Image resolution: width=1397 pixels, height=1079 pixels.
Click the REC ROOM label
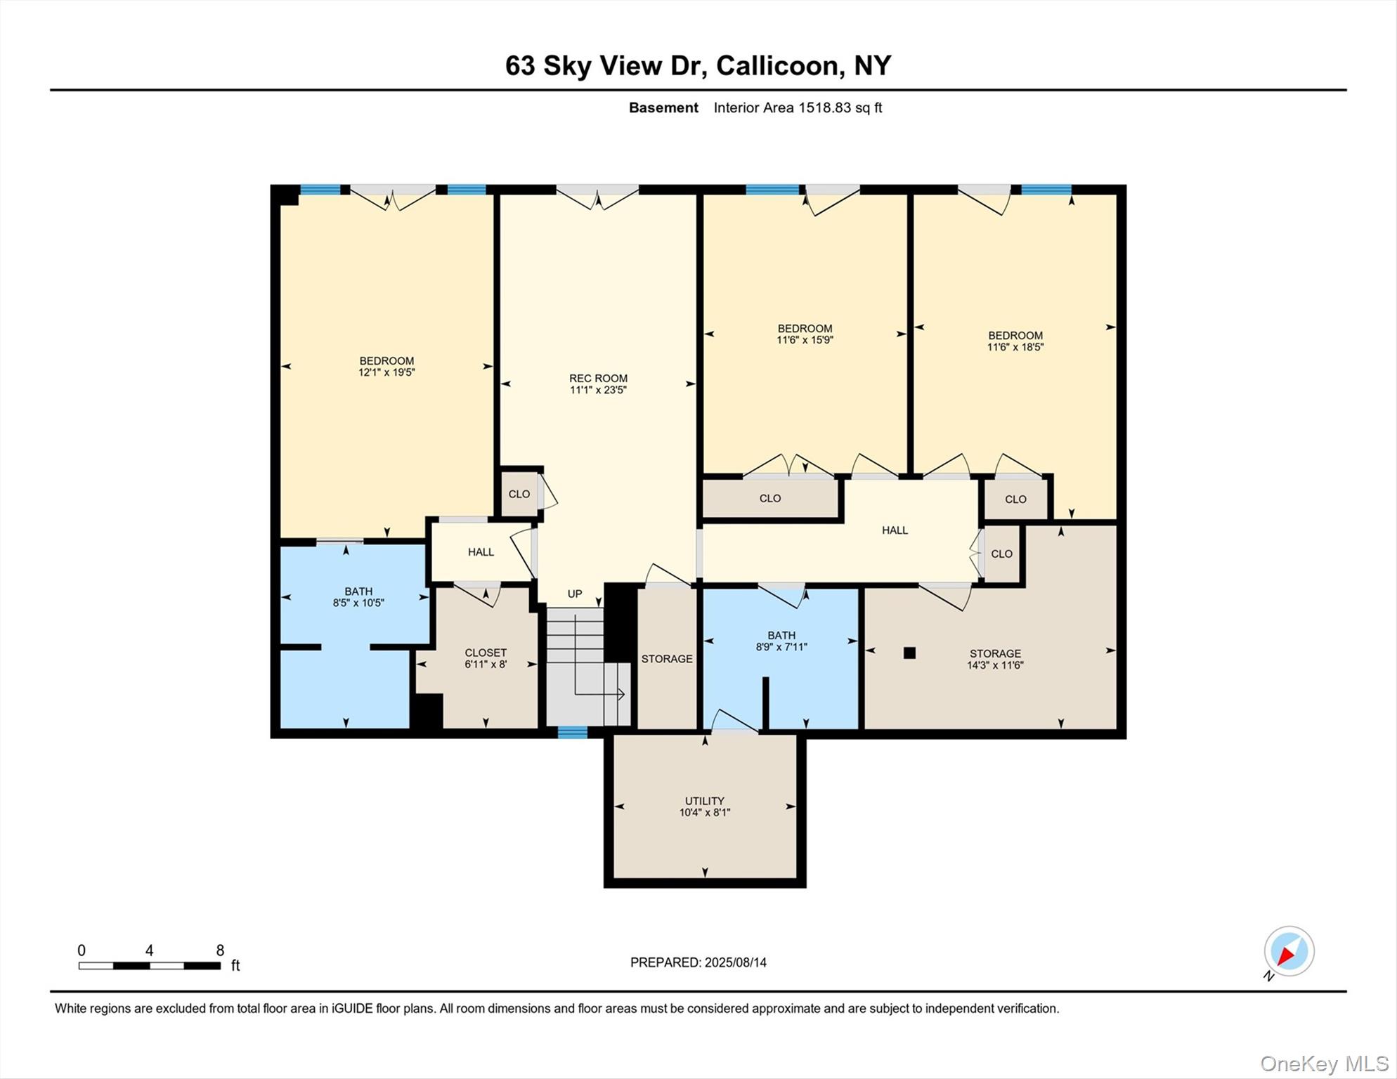598,379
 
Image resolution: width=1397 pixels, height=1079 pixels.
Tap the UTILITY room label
704,801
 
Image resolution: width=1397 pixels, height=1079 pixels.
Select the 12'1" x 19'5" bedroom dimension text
386,372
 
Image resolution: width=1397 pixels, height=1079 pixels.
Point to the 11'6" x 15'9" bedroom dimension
805,340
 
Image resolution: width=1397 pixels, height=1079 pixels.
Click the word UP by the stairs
575,594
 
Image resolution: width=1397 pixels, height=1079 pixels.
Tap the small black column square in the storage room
909,653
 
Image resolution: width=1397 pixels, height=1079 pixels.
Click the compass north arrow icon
1288,952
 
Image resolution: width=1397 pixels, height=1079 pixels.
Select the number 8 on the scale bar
220,950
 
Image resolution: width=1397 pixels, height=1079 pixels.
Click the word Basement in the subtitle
663,108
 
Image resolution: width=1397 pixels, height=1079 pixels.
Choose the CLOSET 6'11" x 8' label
485,658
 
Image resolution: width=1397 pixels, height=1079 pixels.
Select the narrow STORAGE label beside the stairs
666,659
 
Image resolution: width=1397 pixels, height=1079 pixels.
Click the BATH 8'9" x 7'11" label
781,641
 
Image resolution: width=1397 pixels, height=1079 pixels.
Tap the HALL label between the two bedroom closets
895,530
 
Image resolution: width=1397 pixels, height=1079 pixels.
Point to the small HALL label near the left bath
481,552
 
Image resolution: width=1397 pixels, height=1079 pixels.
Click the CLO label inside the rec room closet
519,495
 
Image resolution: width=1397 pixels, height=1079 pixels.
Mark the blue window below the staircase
572,733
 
